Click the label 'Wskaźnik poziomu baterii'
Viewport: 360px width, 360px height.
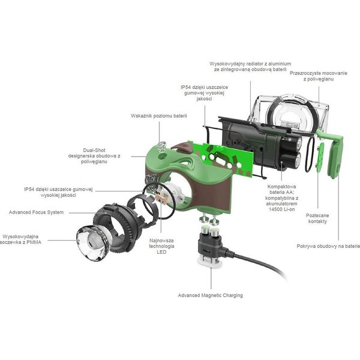pos(159,116)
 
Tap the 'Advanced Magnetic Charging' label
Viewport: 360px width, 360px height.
pos(211,295)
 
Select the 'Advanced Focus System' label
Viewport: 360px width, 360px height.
pos(36,212)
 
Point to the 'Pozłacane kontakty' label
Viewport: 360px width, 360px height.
pos(317,218)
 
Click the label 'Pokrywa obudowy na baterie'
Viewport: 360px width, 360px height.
pos(328,246)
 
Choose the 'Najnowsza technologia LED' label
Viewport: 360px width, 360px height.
pos(161,246)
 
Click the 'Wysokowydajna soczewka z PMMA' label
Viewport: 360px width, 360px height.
pos(20,239)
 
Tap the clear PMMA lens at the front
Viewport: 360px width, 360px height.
pos(93,243)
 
